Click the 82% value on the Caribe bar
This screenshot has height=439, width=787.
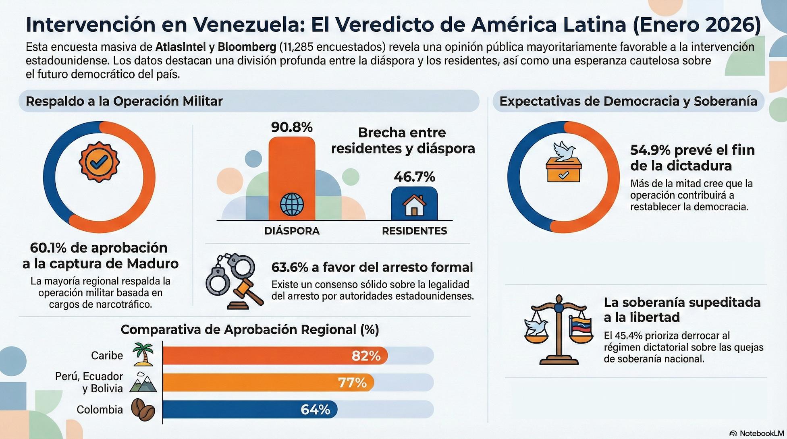(366, 356)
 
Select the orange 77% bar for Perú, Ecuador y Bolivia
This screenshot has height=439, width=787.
(268, 382)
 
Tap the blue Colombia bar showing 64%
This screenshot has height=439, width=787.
(250, 409)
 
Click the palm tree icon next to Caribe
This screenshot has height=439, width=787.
(143, 354)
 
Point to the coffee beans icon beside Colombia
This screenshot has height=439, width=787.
(143, 410)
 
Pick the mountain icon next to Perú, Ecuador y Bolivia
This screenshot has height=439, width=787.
(143, 383)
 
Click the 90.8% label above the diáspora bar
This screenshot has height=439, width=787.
(292, 127)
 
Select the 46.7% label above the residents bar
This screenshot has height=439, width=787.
(414, 177)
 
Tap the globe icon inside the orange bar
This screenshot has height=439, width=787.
(292, 204)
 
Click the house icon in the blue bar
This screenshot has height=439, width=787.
(414, 205)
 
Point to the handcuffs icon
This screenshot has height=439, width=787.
(230, 272)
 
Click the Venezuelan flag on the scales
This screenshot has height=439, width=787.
(581, 327)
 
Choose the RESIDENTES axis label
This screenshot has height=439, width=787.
(414, 231)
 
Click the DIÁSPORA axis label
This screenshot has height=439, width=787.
(292, 231)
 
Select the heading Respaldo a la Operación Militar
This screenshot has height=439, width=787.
(124, 101)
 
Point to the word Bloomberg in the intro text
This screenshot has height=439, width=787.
(247, 47)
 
